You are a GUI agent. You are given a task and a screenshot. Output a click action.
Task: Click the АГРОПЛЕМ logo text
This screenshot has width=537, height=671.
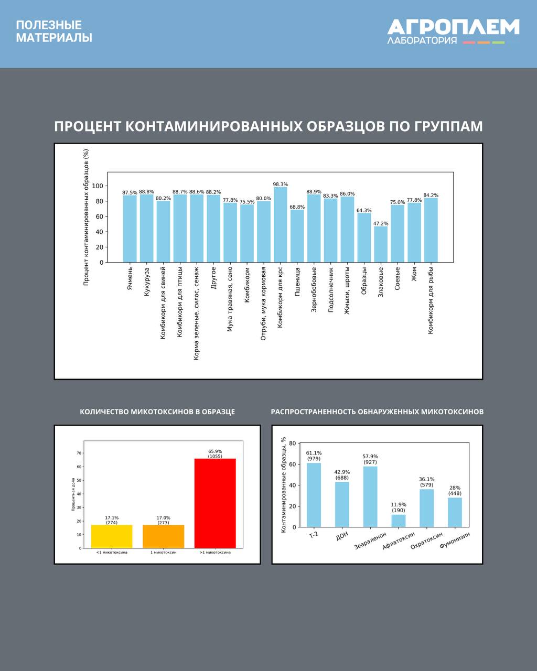click(x=453, y=27)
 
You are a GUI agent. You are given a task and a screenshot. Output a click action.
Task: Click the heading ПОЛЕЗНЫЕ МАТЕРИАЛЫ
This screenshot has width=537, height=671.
click(x=53, y=31)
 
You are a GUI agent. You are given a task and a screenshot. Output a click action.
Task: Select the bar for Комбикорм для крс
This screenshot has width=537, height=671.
click(x=281, y=225)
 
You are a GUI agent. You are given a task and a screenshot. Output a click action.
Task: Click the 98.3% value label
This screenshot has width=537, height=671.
click(x=281, y=185)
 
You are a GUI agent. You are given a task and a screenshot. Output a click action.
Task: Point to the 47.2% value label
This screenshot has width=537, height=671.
click(x=381, y=223)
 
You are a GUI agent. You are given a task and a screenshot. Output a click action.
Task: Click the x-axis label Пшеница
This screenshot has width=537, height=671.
click(x=297, y=282)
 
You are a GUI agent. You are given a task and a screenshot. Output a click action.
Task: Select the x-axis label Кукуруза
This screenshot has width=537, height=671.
click(x=147, y=282)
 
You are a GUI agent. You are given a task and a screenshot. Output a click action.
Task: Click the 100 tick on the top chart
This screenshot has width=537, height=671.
click(x=98, y=186)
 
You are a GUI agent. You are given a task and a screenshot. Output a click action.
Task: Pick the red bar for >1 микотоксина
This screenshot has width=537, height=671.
click(x=215, y=503)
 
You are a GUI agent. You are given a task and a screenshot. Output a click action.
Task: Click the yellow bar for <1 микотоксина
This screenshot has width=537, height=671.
click(x=112, y=536)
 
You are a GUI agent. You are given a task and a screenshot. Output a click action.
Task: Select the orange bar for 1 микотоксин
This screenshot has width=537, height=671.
click(x=164, y=536)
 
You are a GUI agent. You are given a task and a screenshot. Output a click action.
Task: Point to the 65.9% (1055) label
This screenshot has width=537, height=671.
click(x=215, y=453)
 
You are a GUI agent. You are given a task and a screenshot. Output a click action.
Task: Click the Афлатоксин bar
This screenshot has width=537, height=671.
click(x=399, y=521)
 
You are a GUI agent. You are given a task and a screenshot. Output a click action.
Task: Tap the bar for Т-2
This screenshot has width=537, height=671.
click(x=314, y=495)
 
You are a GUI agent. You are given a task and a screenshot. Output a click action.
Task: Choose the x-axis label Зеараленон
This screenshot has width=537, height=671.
click(x=371, y=540)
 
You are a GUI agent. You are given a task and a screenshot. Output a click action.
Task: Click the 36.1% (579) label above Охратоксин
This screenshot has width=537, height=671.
click(x=426, y=482)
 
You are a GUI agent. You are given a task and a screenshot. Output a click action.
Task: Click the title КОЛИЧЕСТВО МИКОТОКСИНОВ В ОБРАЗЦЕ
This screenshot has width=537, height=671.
click(x=157, y=412)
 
